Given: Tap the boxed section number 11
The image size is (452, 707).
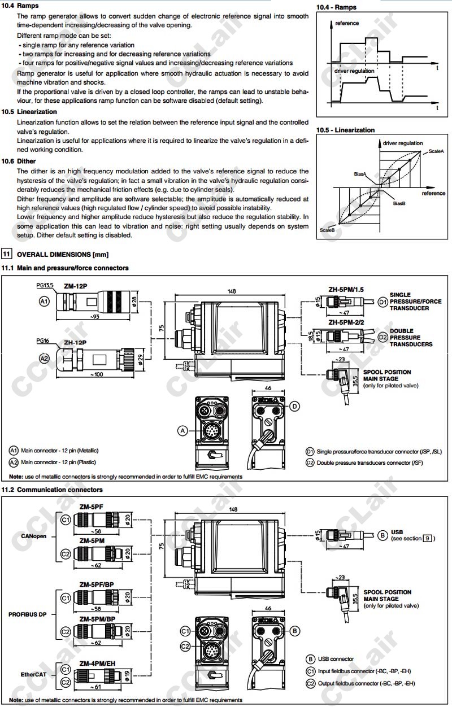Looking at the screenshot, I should (6, 255).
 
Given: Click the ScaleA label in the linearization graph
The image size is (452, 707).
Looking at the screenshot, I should (436, 152).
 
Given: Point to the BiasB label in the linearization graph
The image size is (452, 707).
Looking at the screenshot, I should (399, 203).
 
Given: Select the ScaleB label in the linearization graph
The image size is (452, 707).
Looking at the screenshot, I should (327, 230).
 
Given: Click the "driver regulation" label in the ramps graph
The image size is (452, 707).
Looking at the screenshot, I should (354, 71).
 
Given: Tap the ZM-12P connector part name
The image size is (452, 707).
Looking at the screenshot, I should (75, 286).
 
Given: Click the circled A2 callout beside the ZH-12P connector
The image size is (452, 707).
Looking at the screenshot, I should (45, 357).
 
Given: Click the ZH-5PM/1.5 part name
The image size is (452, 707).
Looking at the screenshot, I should (346, 289).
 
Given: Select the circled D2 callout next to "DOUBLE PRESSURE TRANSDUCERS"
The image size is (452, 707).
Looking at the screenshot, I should (383, 337).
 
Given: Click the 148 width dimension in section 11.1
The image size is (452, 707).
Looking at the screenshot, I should (232, 292).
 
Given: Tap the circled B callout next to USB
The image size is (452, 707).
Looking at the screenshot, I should (383, 534).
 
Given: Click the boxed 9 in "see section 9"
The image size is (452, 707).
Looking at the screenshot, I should (428, 538).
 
